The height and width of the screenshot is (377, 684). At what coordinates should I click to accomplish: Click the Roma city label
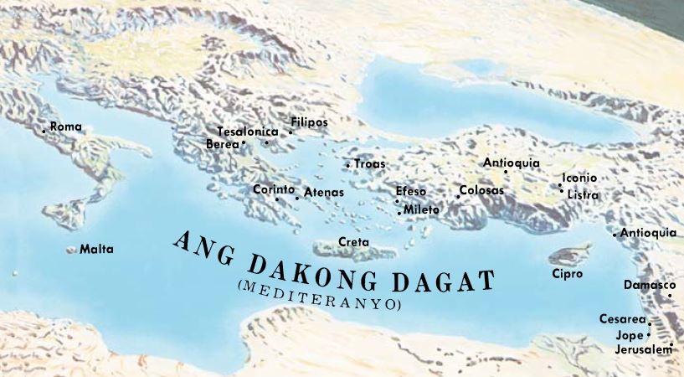[x=66, y=127]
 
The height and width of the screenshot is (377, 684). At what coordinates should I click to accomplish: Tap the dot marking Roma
[x=44, y=131]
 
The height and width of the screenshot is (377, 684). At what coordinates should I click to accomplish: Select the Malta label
[x=95, y=250]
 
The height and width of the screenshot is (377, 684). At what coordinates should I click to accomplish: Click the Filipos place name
[x=309, y=121]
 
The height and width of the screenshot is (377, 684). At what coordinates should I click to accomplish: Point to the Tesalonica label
[x=246, y=132]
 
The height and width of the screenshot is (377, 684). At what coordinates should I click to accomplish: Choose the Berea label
[x=222, y=144]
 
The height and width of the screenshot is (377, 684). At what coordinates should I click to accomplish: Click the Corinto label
[x=274, y=189]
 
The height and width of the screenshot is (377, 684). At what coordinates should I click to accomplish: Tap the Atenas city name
[x=324, y=193]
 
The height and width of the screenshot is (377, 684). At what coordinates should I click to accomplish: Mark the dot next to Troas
[x=347, y=165]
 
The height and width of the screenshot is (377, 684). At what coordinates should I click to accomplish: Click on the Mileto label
[x=421, y=209]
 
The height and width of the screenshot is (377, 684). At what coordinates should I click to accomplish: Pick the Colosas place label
[x=481, y=191]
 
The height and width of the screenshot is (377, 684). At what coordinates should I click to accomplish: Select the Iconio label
[x=579, y=178]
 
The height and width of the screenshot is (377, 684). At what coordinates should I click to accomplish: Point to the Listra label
[x=583, y=194]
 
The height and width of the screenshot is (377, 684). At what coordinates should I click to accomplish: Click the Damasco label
[x=648, y=285]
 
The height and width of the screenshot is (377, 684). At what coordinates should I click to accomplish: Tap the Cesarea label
[x=622, y=319]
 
